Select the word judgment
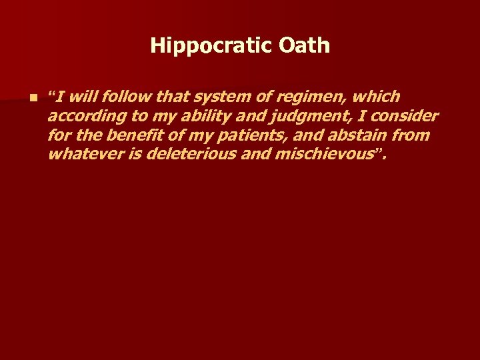(x=308, y=117)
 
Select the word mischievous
(x=322, y=155)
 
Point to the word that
(x=173, y=97)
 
